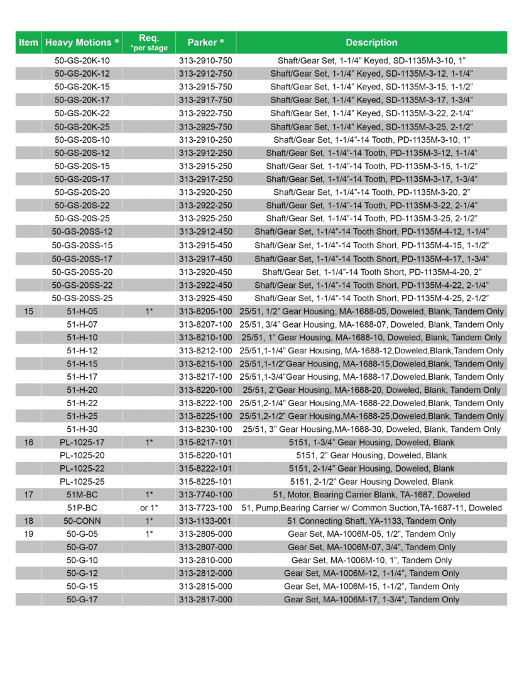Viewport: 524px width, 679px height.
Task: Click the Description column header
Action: click(371, 43)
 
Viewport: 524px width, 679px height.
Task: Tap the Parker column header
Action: click(205, 43)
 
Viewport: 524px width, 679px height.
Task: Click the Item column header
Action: click(28, 43)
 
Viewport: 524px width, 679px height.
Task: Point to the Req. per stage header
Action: click(149, 43)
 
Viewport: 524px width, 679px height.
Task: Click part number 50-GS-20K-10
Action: click(82, 61)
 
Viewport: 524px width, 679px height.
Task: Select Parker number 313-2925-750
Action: click(205, 126)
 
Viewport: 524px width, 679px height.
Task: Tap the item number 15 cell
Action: click(28, 311)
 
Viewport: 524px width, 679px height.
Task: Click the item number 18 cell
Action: click(28, 521)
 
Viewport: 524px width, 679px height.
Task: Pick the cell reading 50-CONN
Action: click(82, 521)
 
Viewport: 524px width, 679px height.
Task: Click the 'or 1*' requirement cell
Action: click(149, 507)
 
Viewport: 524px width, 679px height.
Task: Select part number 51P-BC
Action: click(82, 507)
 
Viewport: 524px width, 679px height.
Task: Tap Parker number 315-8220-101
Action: click(205, 455)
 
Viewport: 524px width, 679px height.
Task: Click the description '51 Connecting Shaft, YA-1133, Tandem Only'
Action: click(371, 521)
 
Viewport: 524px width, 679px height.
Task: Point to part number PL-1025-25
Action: click(82, 482)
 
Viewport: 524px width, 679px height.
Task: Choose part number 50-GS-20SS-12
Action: click(82, 231)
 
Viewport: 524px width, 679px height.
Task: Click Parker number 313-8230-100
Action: click(205, 429)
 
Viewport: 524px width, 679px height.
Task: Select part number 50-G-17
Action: click(82, 599)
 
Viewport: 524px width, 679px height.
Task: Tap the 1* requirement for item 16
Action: click(149, 442)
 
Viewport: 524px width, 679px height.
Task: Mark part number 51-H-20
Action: click(82, 390)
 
